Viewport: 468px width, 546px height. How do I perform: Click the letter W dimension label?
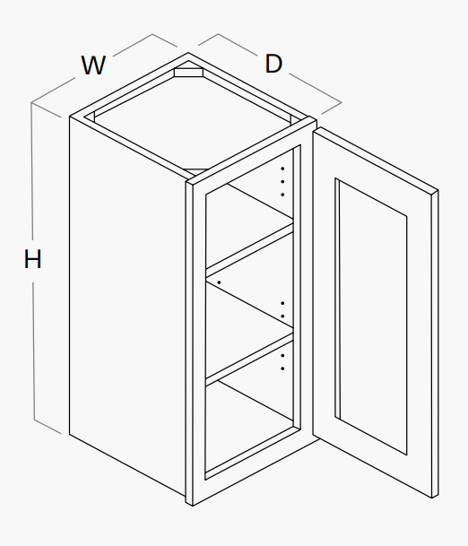(93, 65)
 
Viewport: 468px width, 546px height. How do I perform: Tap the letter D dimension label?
(273, 64)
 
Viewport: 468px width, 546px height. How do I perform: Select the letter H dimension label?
(32, 259)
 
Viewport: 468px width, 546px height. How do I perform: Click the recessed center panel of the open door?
(373, 316)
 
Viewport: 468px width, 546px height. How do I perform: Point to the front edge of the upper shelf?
(249, 250)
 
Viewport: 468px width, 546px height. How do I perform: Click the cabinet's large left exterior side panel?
(127, 307)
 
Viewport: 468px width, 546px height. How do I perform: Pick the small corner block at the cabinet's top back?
(188, 71)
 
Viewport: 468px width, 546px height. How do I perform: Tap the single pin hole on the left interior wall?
(219, 282)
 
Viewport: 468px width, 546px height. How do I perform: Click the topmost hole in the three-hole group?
(282, 169)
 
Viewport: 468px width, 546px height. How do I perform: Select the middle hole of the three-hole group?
(282, 181)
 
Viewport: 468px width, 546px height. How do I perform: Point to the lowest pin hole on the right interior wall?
(282, 368)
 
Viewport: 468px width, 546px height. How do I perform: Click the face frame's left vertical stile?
(196, 343)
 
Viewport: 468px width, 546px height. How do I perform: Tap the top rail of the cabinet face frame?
(251, 152)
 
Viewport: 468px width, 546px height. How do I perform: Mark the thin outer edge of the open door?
(435, 344)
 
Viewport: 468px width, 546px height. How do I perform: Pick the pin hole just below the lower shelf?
(282, 356)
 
